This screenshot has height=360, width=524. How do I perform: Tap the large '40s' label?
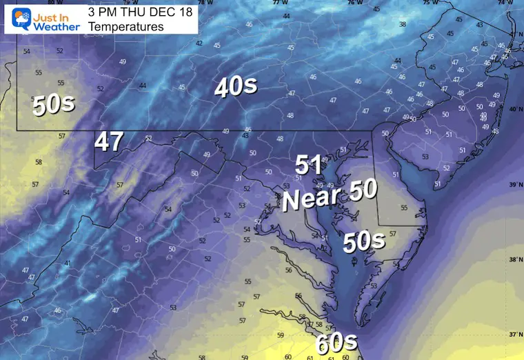pyautogui.click(x=236, y=87)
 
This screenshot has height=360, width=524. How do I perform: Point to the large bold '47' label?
pyautogui.click(x=109, y=141)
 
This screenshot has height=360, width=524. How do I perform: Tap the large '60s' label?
pyautogui.click(x=337, y=343)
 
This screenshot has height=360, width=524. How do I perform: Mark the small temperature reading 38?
pyautogui.click(x=403, y=24)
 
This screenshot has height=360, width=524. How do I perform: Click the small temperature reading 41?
pyautogui.click(x=67, y=264)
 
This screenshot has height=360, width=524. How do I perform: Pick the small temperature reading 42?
pyautogui.click(x=199, y=43)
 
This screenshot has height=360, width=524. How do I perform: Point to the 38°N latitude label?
pyautogui.click(x=513, y=260)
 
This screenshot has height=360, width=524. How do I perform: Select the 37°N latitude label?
pyautogui.click(x=513, y=334)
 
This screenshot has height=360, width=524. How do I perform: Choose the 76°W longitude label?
pyautogui.click(x=354, y=3)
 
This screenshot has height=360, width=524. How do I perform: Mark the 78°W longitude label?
pyautogui.click(x=205, y=3)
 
